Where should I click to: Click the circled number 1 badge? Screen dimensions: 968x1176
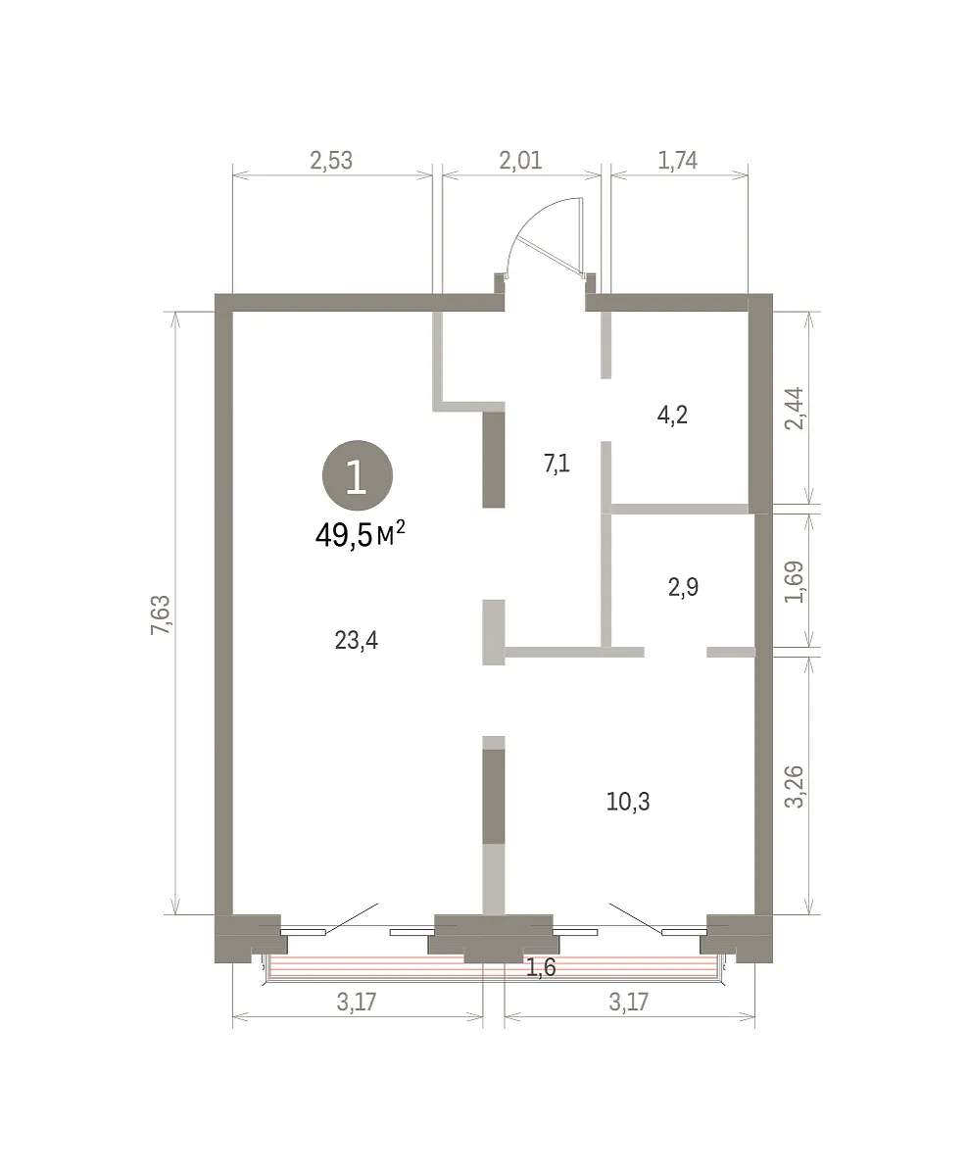358,475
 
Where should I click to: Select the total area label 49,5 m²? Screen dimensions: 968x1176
360,536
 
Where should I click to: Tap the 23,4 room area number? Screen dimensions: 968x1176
357,641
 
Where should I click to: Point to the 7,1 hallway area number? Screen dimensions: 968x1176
557,464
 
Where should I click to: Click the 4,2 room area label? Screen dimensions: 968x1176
672,416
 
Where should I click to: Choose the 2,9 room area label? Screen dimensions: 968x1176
683,587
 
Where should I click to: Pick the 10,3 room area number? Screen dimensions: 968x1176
628,802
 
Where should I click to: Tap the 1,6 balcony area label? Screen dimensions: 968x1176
541,968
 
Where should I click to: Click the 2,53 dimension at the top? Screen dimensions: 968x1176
331,161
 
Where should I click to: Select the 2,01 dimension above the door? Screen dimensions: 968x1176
520,161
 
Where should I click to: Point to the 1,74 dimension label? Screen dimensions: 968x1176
677,161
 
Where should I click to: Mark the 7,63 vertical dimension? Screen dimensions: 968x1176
160,614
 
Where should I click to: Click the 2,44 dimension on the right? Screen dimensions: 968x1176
794,409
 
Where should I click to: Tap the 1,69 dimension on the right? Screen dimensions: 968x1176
794,581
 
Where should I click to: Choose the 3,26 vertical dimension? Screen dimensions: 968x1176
794,786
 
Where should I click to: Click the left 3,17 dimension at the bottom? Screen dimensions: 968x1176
357,1002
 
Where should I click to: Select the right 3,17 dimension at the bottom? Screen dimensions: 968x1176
628,1002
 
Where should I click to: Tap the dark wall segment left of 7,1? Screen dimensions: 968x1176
494,460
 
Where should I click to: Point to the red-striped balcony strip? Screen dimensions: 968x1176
493,965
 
